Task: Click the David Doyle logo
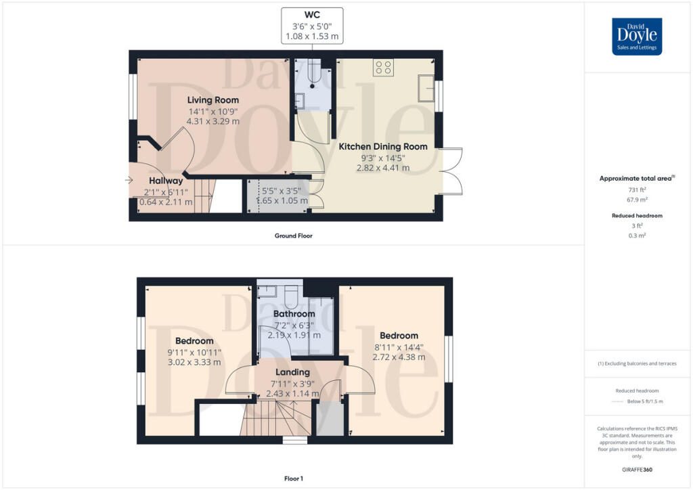(637, 37)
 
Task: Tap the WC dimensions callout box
(312, 26)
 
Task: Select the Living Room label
(213, 100)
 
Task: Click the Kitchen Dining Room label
(383, 146)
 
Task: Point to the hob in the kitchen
(383, 67)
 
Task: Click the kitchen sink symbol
(426, 88)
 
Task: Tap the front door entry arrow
(129, 180)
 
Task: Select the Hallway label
(166, 181)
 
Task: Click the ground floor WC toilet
(313, 72)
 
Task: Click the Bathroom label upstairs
(294, 314)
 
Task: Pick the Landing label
(292, 372)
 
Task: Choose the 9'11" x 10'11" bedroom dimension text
(194, 353)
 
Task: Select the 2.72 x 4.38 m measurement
(399, 357)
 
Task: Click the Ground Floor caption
(293, 236)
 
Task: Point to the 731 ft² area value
(638, 190)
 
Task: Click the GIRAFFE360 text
(638, 469)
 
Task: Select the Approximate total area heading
(637, 179)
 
